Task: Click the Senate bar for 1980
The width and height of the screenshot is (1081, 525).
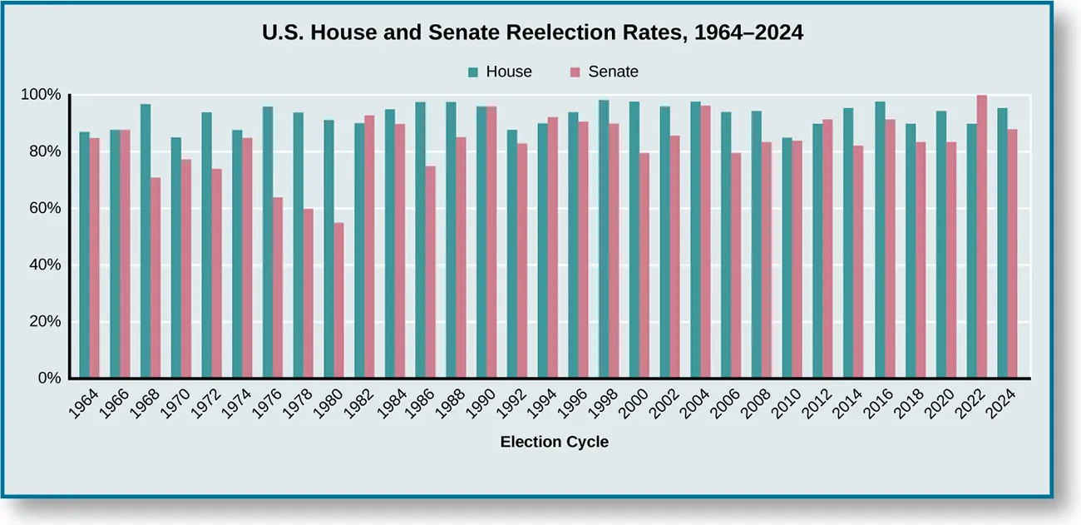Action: pyautogui.click(x=338, y=300)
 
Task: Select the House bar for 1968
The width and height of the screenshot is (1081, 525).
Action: pyautogui.click(x=146, y=241)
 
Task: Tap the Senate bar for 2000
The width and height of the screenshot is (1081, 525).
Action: pyautogui.click(x=644, y=265)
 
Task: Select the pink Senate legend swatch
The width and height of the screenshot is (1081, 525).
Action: pyautogui.click(x=575, y=72)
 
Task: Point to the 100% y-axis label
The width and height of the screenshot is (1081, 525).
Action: pyautogui.click(x=41, y=95)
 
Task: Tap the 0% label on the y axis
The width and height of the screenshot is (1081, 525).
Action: pyautogui.click(x=48, y=379)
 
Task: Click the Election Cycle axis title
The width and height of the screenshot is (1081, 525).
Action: pyautogui.click(x=554, y=443)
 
